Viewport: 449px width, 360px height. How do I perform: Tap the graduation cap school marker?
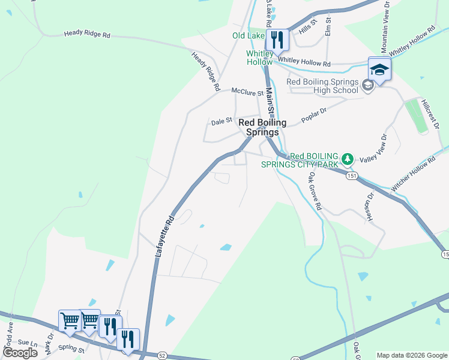(379, 70)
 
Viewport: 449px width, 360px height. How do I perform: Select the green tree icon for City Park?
(346, 159)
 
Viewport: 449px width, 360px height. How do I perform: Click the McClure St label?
(247, 92)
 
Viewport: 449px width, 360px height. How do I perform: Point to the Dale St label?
(221, 121)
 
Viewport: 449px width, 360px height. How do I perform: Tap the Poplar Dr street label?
(315, 112)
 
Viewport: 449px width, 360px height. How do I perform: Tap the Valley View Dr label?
(374, 148)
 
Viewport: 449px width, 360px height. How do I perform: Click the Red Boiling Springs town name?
(259, 127)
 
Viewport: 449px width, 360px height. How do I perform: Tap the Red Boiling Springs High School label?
(322, 86)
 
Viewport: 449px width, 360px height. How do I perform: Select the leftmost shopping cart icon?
(70, 322)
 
